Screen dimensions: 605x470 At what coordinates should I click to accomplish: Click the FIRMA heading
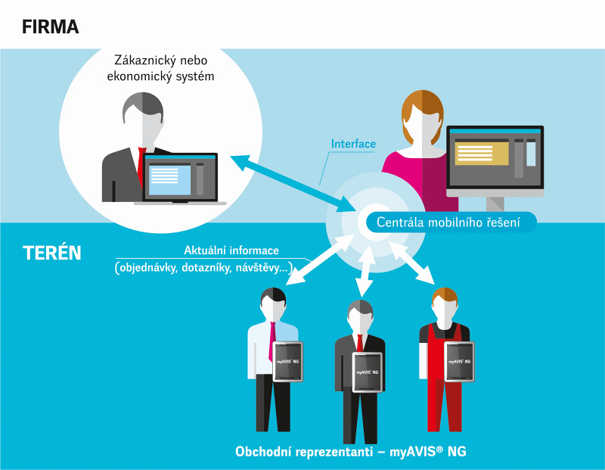point(50,27)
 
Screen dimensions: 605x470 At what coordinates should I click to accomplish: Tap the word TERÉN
point(52,254)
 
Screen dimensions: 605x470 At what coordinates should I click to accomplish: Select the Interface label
point(353,144)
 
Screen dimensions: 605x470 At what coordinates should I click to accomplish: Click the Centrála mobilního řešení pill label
point(448,223)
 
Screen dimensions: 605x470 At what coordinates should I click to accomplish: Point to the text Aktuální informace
point(231,251)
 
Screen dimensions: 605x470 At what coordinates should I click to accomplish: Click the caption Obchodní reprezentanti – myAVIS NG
point(351,452)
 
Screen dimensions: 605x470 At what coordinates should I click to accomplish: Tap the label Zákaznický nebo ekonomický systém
point(160,68)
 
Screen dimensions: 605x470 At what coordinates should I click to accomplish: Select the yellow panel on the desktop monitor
point(482,154)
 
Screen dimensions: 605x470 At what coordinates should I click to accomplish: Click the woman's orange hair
point(423,112)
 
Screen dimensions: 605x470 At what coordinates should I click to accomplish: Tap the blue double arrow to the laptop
point(293,183)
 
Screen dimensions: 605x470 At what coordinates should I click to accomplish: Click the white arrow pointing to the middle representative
point(365,271)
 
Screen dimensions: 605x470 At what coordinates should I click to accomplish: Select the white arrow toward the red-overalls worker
point(413,263)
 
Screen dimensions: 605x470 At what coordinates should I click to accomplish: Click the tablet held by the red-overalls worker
point(459,362)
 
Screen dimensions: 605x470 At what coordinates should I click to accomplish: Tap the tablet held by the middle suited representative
point(368,372)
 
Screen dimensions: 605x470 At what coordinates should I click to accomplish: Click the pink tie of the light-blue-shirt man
point(272,341)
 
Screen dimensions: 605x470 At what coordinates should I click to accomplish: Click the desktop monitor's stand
point(495,204)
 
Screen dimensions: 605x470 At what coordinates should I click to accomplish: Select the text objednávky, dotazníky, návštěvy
point(203,268)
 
